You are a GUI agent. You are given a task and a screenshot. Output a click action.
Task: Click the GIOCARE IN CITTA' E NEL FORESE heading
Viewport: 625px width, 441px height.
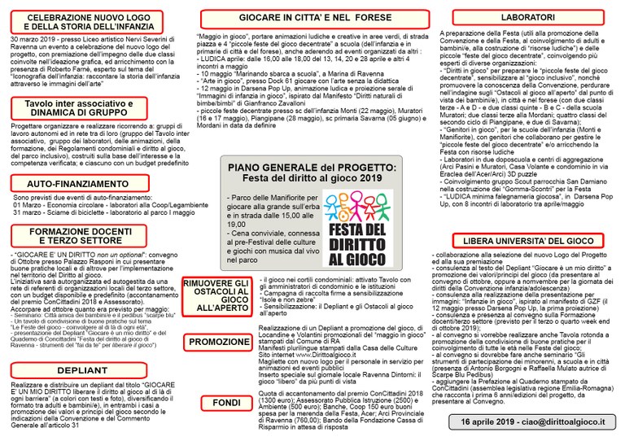[313, 17]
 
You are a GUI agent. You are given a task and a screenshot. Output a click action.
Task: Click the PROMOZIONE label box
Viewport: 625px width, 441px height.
[220, 342]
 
